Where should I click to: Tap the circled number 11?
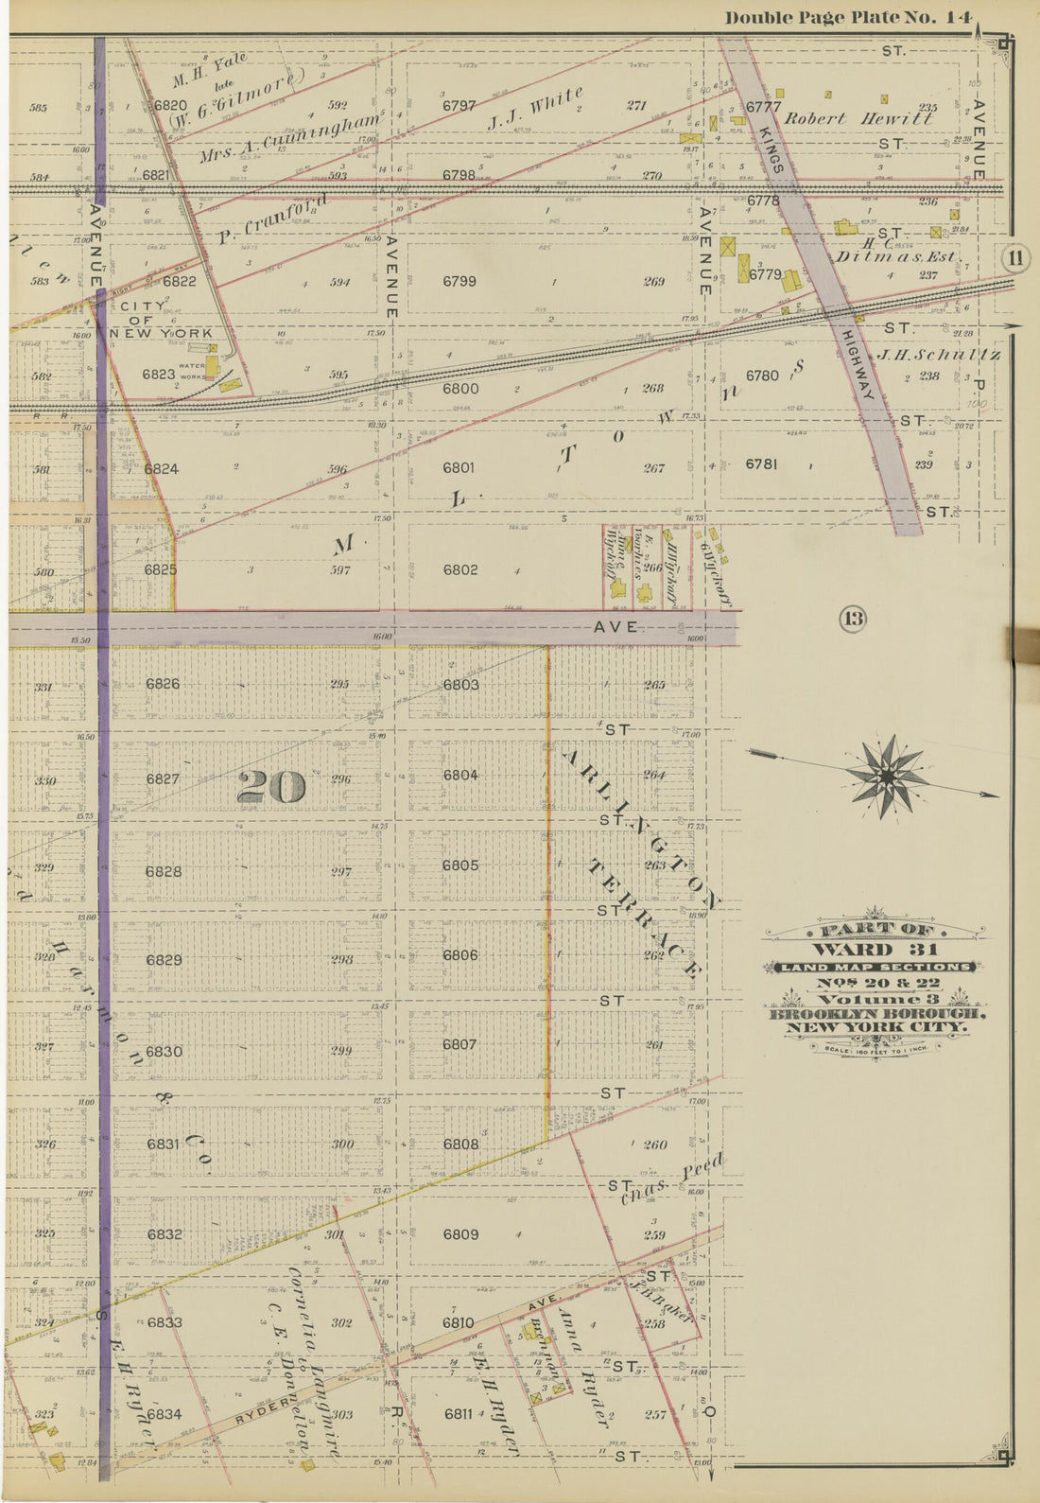[1015, 258]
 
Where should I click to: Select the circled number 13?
[853, 620]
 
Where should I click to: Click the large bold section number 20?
[271, 786]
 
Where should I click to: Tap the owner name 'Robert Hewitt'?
[858, 119]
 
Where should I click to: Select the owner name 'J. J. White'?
[535, 109]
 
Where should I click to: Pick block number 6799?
[459, 281]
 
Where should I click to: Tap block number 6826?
[163, 683]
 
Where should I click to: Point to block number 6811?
[459, 1414]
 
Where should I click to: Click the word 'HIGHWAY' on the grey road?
[855, 369]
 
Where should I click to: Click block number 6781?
[761, 463]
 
